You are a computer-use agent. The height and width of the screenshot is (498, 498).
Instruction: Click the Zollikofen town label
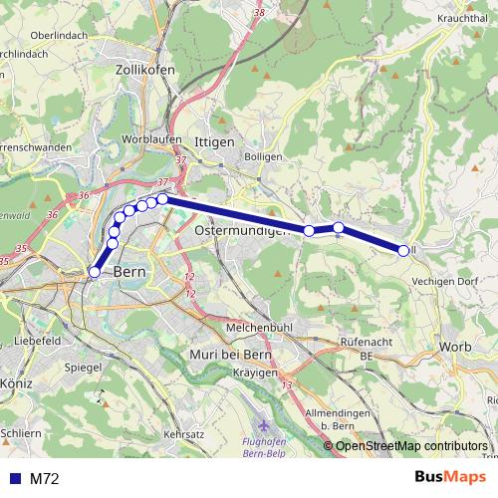(x=145, y=70)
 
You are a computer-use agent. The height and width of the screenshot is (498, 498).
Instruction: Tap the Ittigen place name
(x=214, y=142)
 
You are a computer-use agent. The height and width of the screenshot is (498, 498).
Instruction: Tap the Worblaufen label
(x=147, y=139)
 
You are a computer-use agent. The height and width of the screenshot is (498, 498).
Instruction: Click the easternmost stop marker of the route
(x=403, y=251)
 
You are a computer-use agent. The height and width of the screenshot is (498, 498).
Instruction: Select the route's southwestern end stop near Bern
(x=96, y=271)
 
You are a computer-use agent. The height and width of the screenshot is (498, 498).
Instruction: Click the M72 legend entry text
(x=45, y=479)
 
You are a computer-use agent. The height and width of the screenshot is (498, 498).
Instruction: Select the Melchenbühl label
(x=259, y=327)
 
